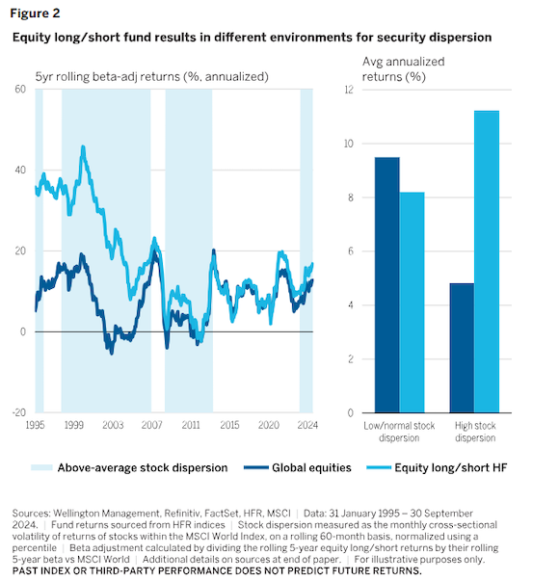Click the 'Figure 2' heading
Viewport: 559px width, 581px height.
coord(35,13)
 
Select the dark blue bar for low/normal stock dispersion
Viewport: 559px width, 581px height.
coord(387,285)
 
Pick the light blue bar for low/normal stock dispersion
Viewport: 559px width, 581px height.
coord(412,303)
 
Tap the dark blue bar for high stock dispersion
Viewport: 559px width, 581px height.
coord(462,348)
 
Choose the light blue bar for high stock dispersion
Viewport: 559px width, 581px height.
coord(487,262)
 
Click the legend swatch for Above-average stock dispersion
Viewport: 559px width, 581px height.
coord(41,467)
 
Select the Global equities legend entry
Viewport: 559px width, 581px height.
coord(298,467)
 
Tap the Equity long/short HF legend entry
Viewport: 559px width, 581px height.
coord(437,467)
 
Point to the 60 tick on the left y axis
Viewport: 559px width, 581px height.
coord(20,89)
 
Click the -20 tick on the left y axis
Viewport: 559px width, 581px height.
coord(18,412)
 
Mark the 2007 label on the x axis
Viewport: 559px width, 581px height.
coord(151,425)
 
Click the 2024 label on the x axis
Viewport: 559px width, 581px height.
coord(307,425)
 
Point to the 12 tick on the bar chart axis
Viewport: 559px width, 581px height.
coord(349,90)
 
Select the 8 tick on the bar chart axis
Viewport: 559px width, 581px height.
coord(351,198)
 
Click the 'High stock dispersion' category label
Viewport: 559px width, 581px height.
coord(475,432)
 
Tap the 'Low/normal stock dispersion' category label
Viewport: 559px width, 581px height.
coord(399,432)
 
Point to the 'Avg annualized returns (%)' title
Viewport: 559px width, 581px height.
coord(403,69)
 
